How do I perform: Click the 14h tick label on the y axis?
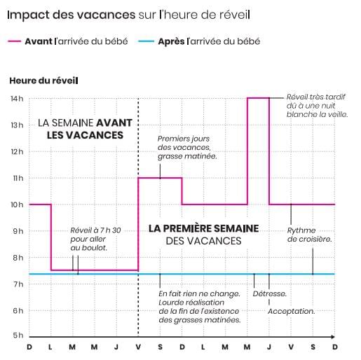pyautogui.click(x=17, y=99)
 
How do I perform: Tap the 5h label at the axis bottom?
pyautogui.click(x=18, y=335)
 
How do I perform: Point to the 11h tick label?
pyautogui.click(x=18, y=179)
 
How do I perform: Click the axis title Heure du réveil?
pyautogui.click(x=43, y=81)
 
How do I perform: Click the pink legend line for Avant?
pyautogui.click(x=15, y=41)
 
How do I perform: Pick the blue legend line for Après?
pyautogui.click(x=146, y=41)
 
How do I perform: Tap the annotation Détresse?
pyautogui.click(x=270, y=293)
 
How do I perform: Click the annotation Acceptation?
pyautogui.click(x=292, y=311)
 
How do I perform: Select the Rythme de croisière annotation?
pyautogui.click(x=309, y=235)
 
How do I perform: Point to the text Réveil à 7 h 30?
pyautogui.click(x=95, y=230)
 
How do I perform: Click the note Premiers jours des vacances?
pyautogui.click(x=184, y=143)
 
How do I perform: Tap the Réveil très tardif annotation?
pyautogui.click(x=316, y=97)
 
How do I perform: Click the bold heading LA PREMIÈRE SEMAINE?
pyautogui.click(x=204, y=228)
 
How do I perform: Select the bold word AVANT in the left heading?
pyautogui.click(x=114, y=123)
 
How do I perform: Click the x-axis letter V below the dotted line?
pyautogui.click(x=138, y=347)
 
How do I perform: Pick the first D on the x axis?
pyautogui.click(x=29, y=347)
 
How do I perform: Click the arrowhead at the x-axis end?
pyautogui.click(x=333, y=337)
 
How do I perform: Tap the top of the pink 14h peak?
pyautogui.click(x=258, y=98)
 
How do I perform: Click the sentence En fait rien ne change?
pyautogui.click(x=199, y=293)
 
